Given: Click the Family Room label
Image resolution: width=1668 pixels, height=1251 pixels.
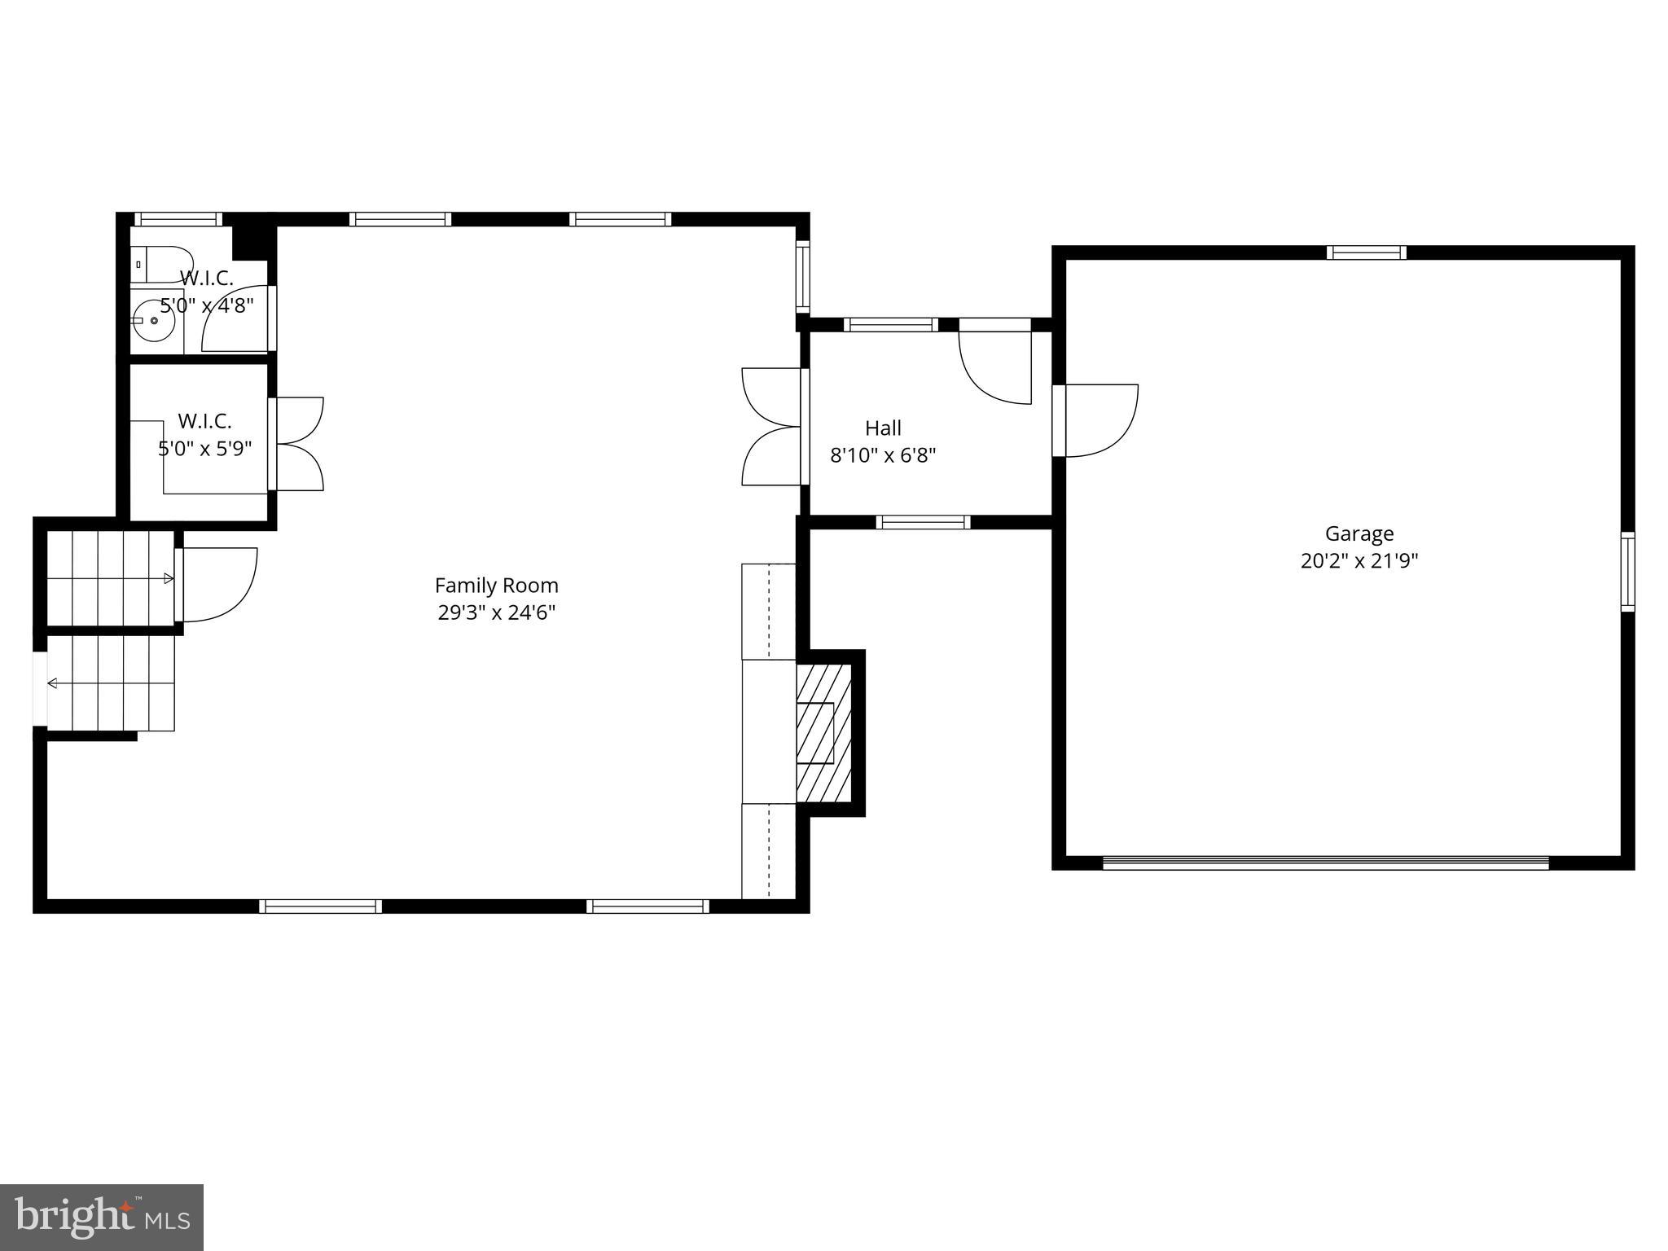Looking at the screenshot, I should (x=496, y=586).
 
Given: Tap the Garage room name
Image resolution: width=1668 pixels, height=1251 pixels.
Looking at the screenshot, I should (x=1359, y=534).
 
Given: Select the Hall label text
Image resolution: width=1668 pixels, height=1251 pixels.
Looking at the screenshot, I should (x=883, y=428).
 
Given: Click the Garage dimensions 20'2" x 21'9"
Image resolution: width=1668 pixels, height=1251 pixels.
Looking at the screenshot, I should (x=1359, y=561).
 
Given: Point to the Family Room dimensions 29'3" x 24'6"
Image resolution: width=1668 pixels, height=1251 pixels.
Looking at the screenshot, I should (x=496, y=612).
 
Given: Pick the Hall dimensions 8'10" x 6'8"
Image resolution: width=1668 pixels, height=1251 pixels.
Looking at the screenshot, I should (x=883, y=455).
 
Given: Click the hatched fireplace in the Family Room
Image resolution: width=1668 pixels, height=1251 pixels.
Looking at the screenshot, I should (x=823, y=732).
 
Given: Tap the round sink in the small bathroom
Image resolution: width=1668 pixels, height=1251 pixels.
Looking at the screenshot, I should (x=154, y=322).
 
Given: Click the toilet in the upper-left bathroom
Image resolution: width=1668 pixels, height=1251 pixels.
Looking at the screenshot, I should (x=159, y=263).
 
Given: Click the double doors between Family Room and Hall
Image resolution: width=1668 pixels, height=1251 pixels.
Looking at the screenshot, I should (x=772, y=427).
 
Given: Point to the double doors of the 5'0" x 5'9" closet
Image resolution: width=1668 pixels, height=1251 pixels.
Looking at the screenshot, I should (x=297, y=444).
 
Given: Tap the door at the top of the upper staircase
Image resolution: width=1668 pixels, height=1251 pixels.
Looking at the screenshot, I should (x=216, y=584).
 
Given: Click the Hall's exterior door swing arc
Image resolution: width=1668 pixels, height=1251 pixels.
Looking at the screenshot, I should (x=995, y=367).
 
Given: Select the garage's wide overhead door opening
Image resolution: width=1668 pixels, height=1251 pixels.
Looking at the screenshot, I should (x=1325, y=863).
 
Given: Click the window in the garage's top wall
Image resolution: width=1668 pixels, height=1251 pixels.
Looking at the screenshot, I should (x=1366, y=252).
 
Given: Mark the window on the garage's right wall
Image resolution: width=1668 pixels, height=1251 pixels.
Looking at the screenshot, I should (x=1626, y=571).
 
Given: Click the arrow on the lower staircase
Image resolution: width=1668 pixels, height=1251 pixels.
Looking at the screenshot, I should (x=51, y=683).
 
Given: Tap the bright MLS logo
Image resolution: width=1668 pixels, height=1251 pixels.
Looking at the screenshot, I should (x=101, y=1217).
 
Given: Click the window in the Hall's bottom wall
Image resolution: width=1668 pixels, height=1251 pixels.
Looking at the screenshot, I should (x=923, y=522).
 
